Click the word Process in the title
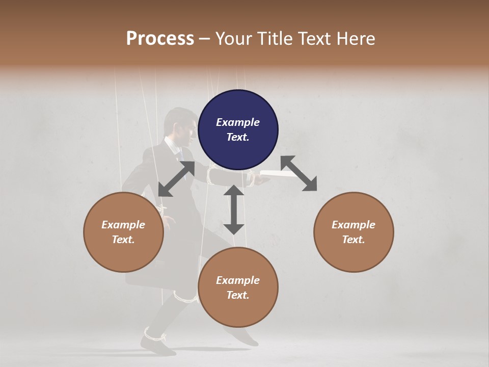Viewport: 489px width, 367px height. (x=160, y=38)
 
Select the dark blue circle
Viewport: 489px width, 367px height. (x=238, y=129)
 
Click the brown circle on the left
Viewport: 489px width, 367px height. (x=123, y=232)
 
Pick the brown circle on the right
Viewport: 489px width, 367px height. (x=354, y=232)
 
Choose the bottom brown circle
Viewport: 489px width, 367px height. (x=238, y=287)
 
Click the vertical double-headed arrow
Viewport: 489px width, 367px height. (x=234, y=209)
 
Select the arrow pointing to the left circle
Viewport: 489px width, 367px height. (x=176, y=179)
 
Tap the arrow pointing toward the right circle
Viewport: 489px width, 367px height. (x=298, y=173)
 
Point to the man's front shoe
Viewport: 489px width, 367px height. (x=244, y=337)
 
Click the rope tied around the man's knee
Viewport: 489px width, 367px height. (x=184, y=296)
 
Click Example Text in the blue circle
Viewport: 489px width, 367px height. (x=238, y=129)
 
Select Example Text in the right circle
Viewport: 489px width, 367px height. (x=354, y=232)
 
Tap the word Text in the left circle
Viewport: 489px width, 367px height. (x=123, y=240)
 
